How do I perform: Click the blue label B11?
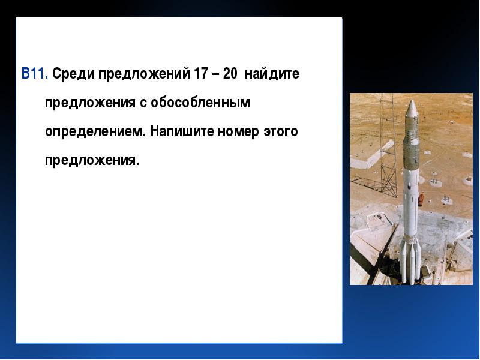(x=35, y=74)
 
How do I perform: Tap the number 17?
(x=201, y=74)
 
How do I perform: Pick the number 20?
(x=230, y=74)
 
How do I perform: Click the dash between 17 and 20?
(x=215, y=75)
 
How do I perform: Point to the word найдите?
(x=272, y=74)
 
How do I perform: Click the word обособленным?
(x=200, y=103)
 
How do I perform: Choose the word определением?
(x=95, y=132)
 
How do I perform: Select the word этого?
(x=281, y=132)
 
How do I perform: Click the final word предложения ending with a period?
(x=92, y=161)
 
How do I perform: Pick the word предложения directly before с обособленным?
(x=90, y=103)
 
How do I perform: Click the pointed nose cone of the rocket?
(x=412, y=108)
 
